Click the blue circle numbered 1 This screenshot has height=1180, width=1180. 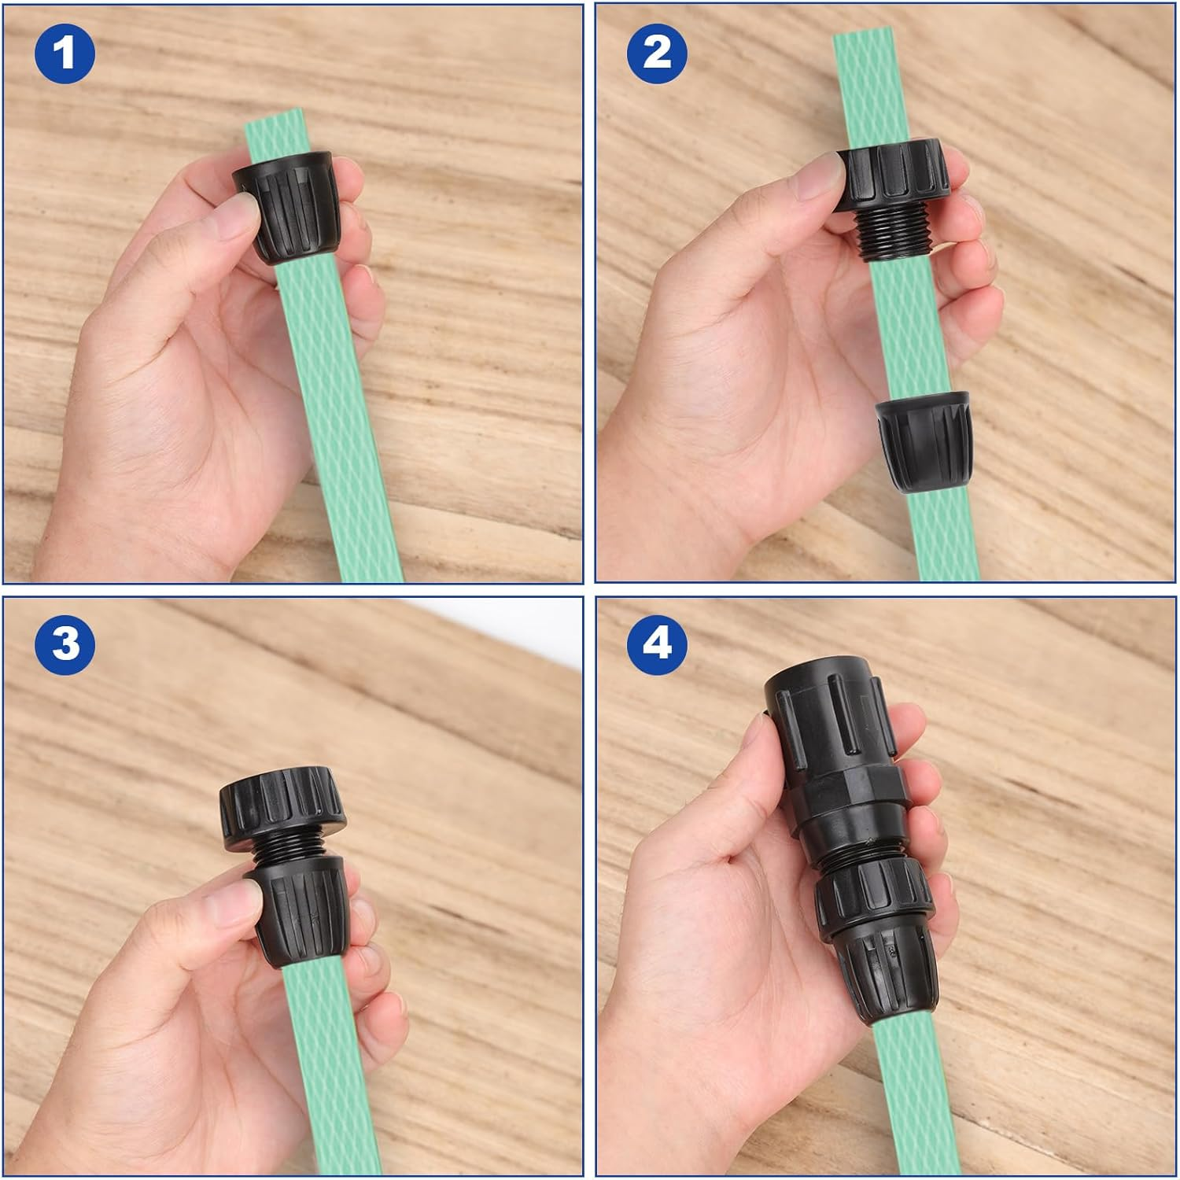[65, 53]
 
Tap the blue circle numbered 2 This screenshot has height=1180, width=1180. [657, 53]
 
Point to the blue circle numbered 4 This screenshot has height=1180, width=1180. [657, 643]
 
